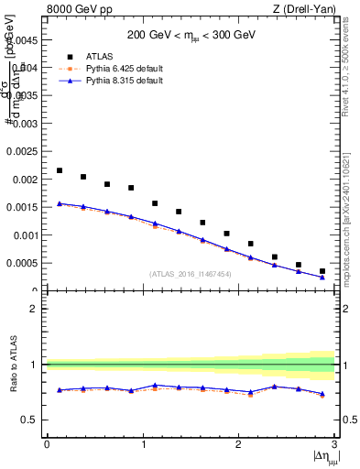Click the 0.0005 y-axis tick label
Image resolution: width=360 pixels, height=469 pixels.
[24, 263]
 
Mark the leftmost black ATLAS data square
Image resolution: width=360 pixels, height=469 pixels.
[60, 170]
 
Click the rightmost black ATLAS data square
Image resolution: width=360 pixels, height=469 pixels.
[322, 271]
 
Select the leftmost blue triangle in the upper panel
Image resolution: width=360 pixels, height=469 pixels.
[60, 203]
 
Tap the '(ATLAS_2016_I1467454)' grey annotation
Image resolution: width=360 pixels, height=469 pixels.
[191, 274]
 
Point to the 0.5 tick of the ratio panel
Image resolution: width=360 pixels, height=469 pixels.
[32, 420]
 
